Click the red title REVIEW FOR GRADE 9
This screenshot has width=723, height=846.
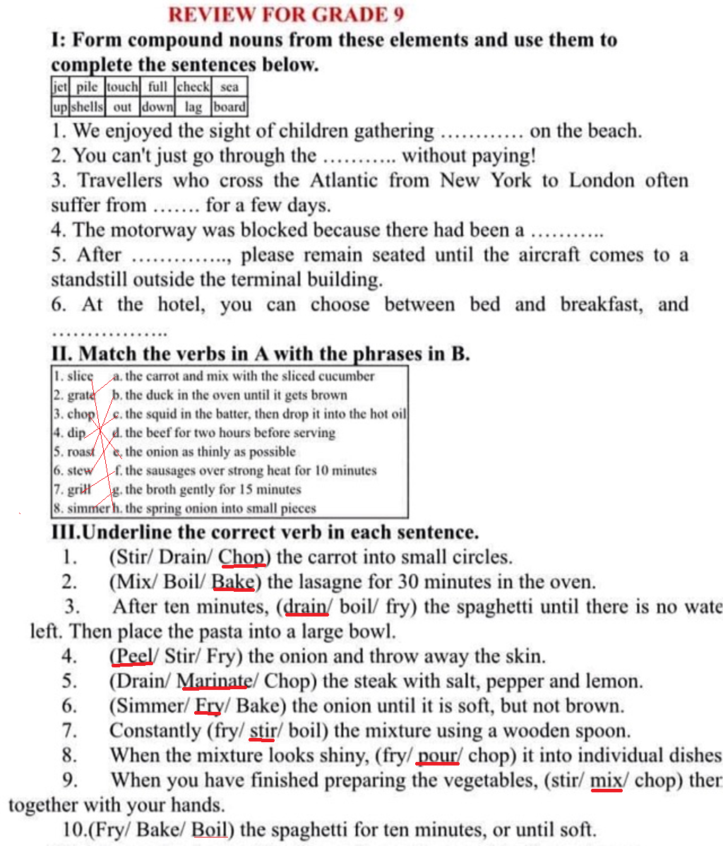(x=286, y=14)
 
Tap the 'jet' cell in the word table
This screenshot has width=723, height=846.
(x=59, y=87)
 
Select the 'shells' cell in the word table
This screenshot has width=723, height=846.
(x=87, y=107)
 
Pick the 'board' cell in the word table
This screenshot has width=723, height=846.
(x=229, y=107)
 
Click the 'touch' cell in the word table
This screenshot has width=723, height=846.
(x=122, y=87)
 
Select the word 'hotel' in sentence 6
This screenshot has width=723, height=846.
(x=182, y=304)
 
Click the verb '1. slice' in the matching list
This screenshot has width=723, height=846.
(x=74, y=376)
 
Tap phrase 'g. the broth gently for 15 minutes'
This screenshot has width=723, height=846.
(x=207, y=489)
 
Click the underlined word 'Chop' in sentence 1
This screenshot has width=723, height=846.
(x=241, y=557)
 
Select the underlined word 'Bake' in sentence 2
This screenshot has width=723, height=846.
(x=233, y=582)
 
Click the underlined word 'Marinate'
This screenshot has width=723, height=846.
(x=214, y=681)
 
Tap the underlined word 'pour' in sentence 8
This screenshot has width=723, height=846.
(x=438, y=755)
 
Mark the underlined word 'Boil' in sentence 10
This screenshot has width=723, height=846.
(x=210, y=829)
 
